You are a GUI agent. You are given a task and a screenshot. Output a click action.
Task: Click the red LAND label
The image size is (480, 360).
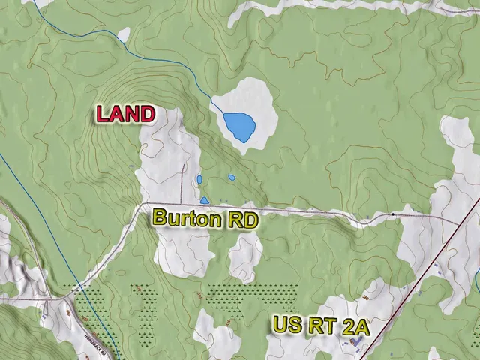pyautogui.click(x=125, y=115)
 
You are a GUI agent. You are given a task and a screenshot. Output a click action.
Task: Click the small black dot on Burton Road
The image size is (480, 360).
pyautogui.click(x=392, y=215)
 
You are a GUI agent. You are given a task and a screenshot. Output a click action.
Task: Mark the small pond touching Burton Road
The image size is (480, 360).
pyautogui.click(x=204, y=200)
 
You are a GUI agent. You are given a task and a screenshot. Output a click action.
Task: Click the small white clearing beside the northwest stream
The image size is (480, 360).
pyautogui.click(x=124, y=34)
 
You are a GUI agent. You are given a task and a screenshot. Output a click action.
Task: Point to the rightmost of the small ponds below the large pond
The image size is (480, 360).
pyautogui.click(x=232, y=178)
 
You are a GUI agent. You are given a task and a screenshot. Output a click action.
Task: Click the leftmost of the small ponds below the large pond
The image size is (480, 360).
pyautogui.click(x=199, y=179)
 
